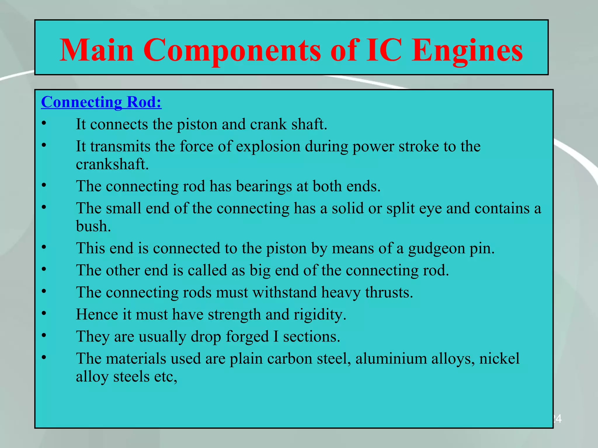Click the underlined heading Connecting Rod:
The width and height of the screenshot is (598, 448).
click(101, 102)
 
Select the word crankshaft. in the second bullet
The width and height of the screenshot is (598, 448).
click(112, 164)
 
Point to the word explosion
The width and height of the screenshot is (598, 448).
click(268, 146)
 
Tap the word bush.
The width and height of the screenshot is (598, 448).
click(93, 226)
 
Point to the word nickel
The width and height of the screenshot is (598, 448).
click(499, 358)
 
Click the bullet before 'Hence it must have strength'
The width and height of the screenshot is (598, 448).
click(44, 313)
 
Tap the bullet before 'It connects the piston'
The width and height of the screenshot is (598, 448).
click(44, 123)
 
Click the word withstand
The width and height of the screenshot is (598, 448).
click(284, 293)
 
